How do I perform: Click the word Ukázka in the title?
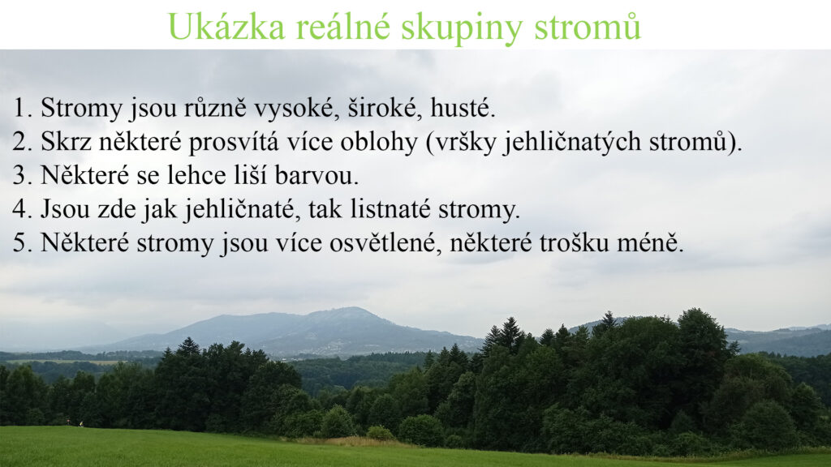226,26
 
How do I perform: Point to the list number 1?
23,108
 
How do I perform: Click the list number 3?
23,176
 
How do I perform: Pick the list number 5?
23,243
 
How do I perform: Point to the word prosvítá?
234,143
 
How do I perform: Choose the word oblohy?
379,143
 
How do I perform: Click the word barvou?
317,176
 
